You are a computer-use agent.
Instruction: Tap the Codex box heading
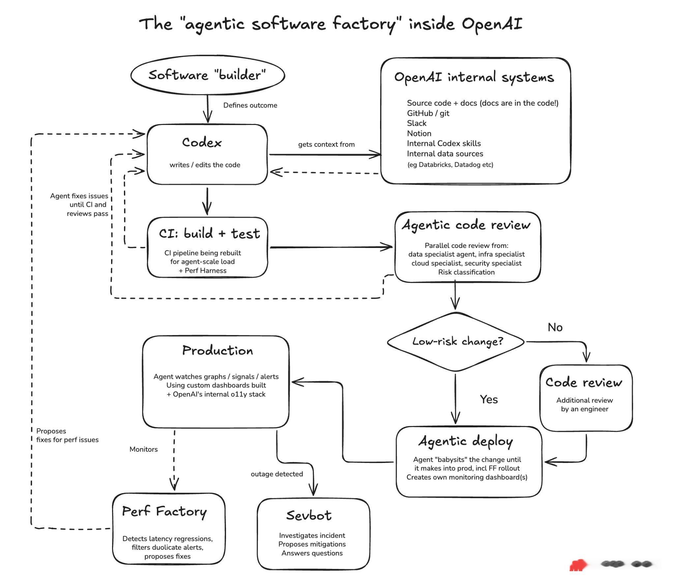point(202,142)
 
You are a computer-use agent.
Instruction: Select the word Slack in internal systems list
point(417,123)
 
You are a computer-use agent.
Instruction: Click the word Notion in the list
point(419,134)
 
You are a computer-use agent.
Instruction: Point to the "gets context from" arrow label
point(326,144)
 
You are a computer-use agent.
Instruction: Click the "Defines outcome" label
point(250,105)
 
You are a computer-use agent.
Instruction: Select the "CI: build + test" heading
point(209,233)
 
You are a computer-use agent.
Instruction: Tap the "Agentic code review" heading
point(466,225)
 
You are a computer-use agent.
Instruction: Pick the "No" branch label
point(555,327)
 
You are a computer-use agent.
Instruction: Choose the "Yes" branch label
point(489,400)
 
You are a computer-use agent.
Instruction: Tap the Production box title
point(218,351)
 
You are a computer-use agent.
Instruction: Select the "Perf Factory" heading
point(164,512)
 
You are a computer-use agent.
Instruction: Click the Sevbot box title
point(309,515)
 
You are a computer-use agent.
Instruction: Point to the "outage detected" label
point(277,474)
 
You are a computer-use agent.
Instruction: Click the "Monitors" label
point(143,449)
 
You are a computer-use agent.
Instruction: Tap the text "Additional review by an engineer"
point(585,405)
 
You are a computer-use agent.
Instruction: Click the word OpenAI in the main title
point(492,24)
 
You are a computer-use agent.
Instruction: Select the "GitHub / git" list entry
point(428,113)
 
